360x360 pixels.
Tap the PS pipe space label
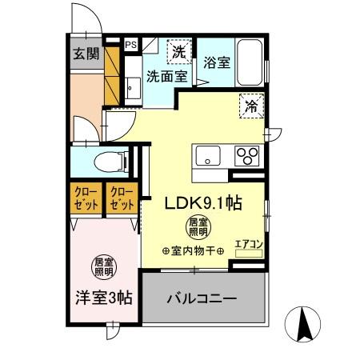[130, 45]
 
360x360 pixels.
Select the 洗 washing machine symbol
[181, 50]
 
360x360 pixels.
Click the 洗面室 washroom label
[166, 77]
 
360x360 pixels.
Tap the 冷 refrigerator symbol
[252, 105]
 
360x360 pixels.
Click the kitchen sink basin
[207, 154]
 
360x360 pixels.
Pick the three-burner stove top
[246, 154]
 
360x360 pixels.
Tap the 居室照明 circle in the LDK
[197, 226]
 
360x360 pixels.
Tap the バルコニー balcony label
[202, 298]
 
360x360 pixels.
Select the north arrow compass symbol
[305, 324]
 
